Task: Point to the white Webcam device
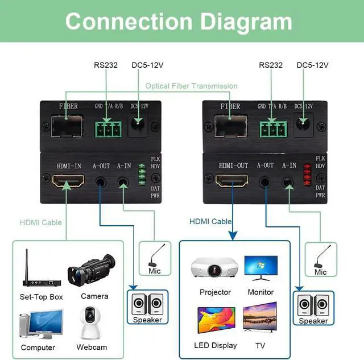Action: [91, 324]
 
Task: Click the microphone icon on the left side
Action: [155, 256]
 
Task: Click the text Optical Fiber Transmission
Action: [191, 86]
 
